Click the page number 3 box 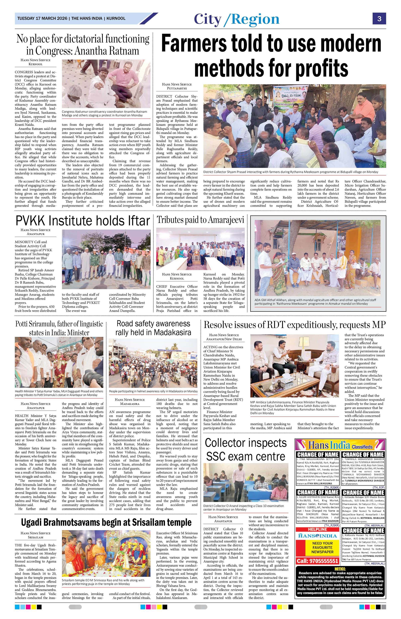[x=379, y=19]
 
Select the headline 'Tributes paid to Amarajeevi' [x=200, y=220]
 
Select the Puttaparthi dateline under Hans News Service [x=176, y=88]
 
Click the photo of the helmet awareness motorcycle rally [x=153, y=363]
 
